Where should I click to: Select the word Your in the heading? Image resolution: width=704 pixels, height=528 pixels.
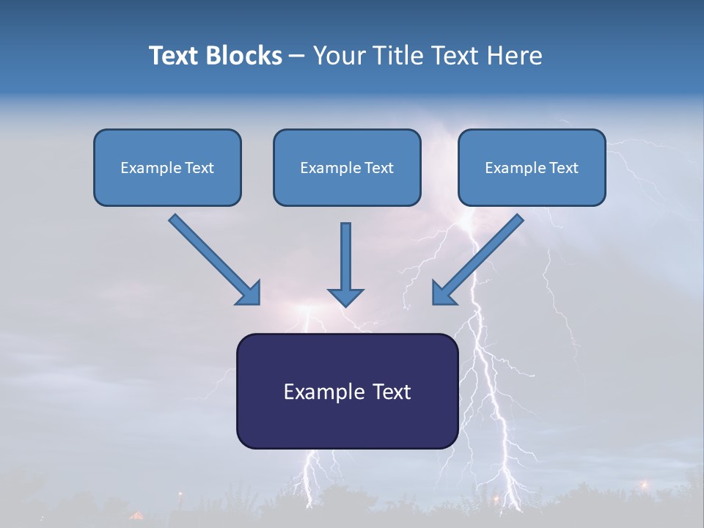[x=338, y=56]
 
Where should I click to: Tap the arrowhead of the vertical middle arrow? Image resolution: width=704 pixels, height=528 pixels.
[x=345, y=296]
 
